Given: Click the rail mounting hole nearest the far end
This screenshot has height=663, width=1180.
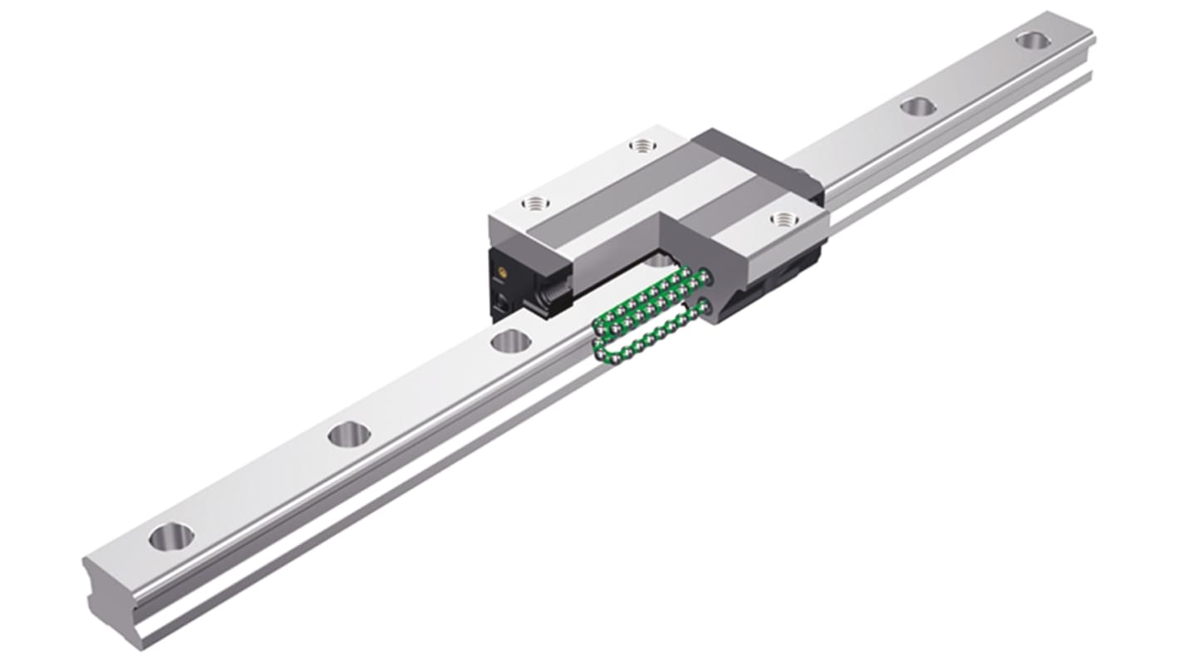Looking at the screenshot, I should click(x=1031, y=40).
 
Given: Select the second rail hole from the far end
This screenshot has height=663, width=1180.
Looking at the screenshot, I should click(x=917, y=106).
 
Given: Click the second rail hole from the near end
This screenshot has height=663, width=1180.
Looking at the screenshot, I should click(x=348, y=433).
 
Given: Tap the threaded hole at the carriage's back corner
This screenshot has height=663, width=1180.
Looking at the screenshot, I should click(x=641, y=146).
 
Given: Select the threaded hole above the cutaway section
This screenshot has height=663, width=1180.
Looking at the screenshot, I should click(x=782, y=219).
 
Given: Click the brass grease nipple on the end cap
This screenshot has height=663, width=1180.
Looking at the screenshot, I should click(x=503, y=273).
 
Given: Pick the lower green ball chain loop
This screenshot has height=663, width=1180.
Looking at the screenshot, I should click(x=648, y=336).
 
